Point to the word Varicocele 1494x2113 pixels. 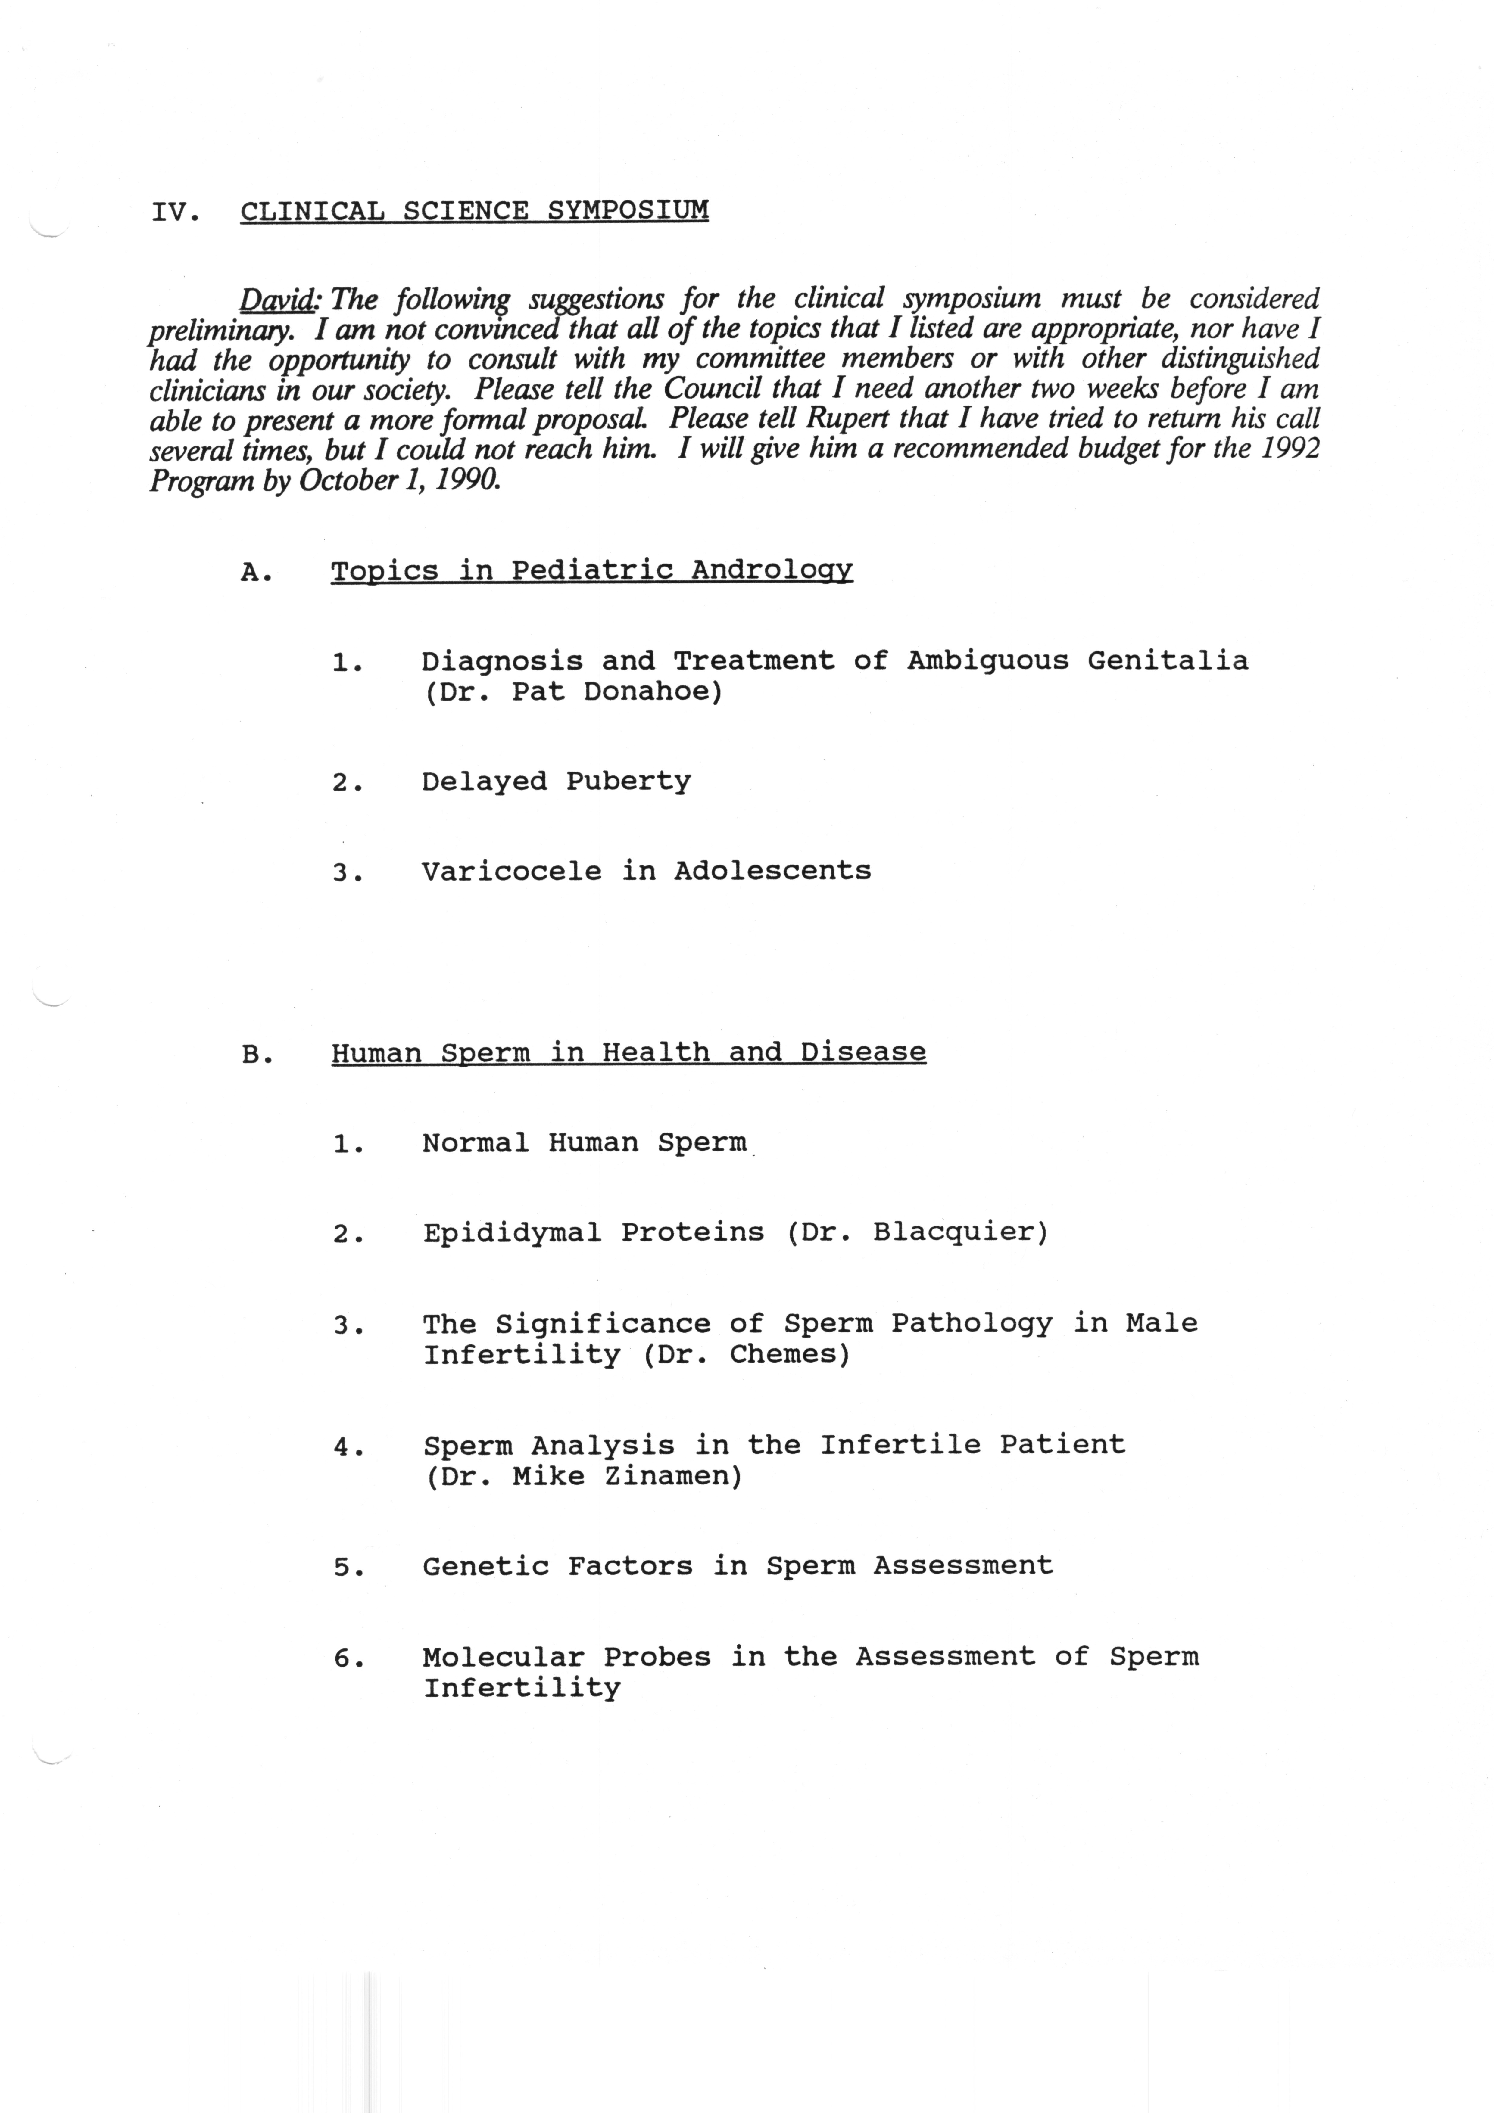click(x=511, y=871)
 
